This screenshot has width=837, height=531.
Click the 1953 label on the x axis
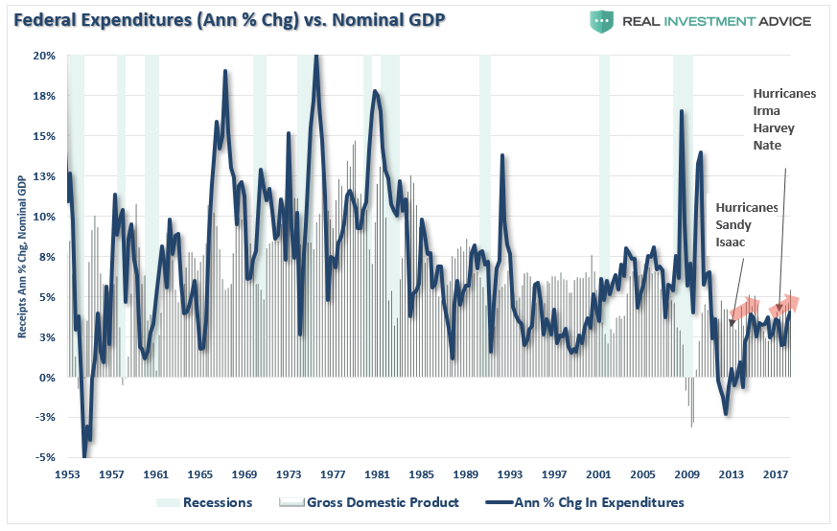67,474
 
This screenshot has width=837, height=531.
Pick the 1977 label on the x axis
333,474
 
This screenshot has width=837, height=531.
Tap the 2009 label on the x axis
686,474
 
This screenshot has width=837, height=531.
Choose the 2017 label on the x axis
775,474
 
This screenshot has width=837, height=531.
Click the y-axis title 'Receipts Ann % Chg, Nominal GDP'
21,257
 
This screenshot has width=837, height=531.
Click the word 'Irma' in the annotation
767,111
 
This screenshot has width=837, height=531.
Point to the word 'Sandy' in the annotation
733,225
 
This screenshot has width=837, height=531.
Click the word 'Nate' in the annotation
768,145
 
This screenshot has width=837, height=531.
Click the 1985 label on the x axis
421,474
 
